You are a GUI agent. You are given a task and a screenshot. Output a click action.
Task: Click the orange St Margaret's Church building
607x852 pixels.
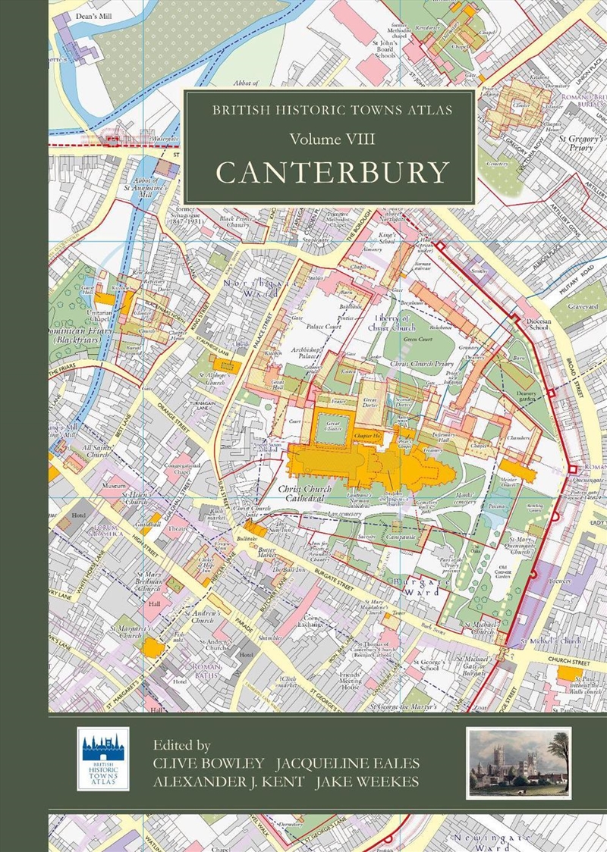point(154,647)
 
